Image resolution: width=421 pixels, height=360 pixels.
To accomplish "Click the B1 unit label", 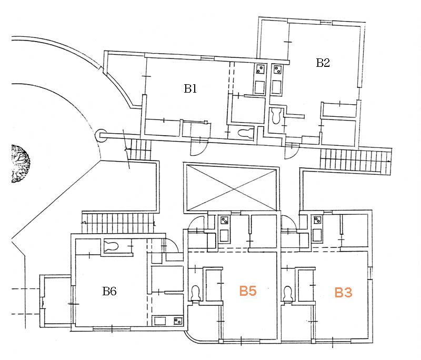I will tap(190, 89).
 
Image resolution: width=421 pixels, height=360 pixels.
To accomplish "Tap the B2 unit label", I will tap(323, 63).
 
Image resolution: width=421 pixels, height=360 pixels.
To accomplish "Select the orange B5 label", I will tap(248, 291).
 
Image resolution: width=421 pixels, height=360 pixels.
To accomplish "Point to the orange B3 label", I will tap(343, 293).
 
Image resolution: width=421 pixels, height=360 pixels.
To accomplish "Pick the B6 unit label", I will tap(109, 291).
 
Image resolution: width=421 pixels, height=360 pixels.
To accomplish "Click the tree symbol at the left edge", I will tap(20, 164).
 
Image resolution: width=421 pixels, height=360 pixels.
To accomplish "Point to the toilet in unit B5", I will tap(195, 293).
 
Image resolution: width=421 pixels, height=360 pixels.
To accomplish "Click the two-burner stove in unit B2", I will tap(277, 68).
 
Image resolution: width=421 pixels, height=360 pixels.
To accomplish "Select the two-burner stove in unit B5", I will tap(225, 221).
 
